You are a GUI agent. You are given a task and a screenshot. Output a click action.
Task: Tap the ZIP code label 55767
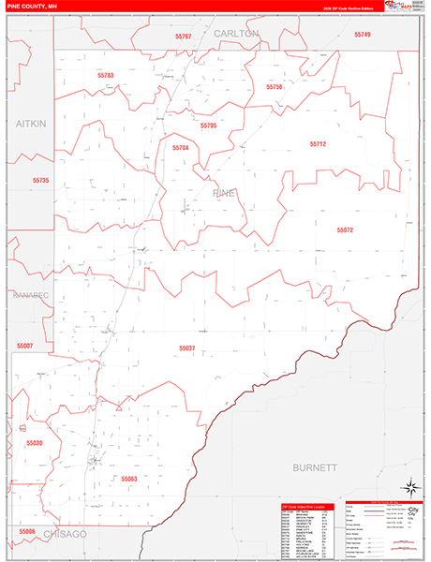pyautogui.click(x=183, y=37)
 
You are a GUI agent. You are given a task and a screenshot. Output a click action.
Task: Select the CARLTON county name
pyautogui.click(x=235, y=33)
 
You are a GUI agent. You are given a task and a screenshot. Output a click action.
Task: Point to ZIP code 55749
pyautogui.click(x=363, y=35)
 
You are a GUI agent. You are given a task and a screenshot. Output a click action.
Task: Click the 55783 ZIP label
pyautogui.click(x=105, y=75)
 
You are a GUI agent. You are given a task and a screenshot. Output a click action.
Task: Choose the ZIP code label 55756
pyautogui.click(x=275, y=86)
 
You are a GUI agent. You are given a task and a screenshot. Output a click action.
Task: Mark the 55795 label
pyautogui.click(x=208, y=125)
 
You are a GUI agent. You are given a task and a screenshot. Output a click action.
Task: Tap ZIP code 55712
pyautogui.click(x=318, y=143)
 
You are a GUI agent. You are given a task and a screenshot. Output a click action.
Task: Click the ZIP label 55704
pyautogui.click(x=181, y=148)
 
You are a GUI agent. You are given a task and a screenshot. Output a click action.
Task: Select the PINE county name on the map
pyautogui.click(x=225, y=193)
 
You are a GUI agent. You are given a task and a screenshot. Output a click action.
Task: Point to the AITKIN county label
pyautogui.click(x=30, y=124)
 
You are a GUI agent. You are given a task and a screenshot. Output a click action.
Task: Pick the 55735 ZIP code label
pyautogui.click(x=40, y=180)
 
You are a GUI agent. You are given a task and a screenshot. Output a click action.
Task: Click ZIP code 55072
pyautogui.click(x=345, y=229)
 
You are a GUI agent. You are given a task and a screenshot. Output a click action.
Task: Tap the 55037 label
pyautogui.click(x=187, y=348)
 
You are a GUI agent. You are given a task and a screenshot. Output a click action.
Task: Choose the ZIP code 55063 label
pyautogui.click(x=128, y=478)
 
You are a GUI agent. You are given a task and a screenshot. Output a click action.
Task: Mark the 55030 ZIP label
pyautogui.click(x=35, y=443)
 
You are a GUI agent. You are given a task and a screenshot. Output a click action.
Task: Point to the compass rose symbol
pyautogui.click(x=409, y=487)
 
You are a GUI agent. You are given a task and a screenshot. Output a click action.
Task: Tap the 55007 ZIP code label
pyautogui.click(x=24, y=346)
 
